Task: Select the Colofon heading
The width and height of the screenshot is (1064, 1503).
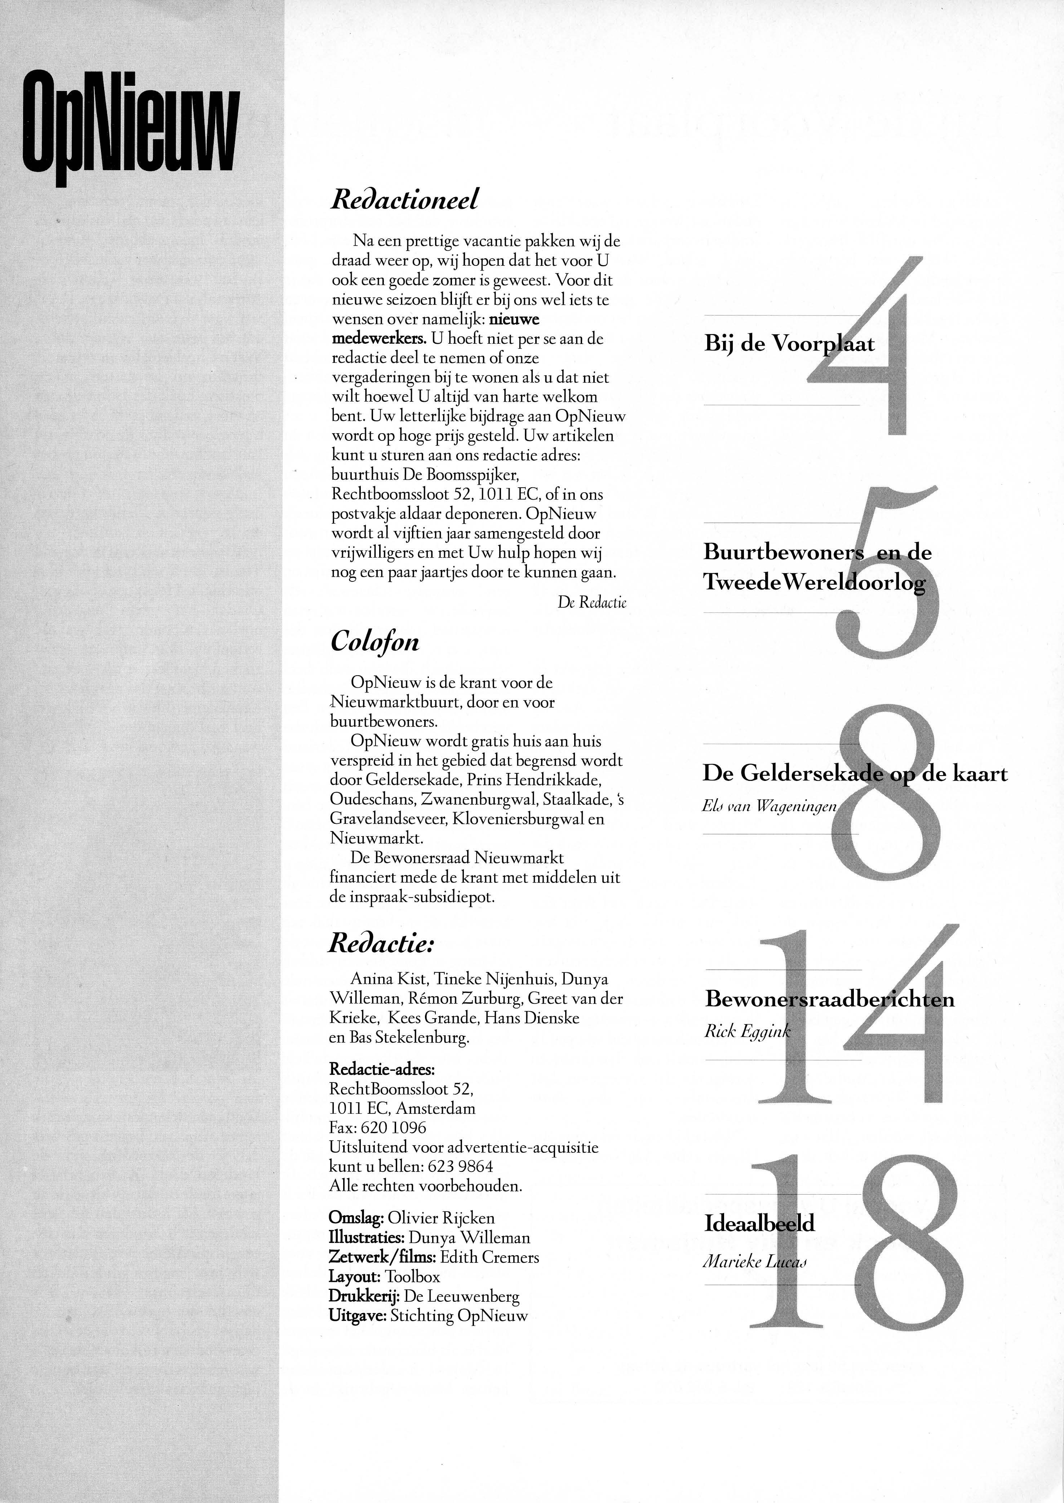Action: point(374,641)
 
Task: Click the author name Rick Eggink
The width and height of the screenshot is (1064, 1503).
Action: point(747,1032)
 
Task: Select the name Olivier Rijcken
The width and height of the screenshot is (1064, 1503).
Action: point(441,1218)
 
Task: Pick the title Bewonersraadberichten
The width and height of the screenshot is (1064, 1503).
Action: point(829,999)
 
